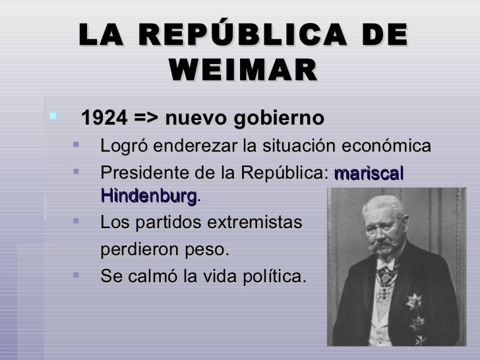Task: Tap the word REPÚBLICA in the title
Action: (x=241, y=35)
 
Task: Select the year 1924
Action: (x=102, y=119)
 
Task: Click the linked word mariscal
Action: (x=369, y=173)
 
